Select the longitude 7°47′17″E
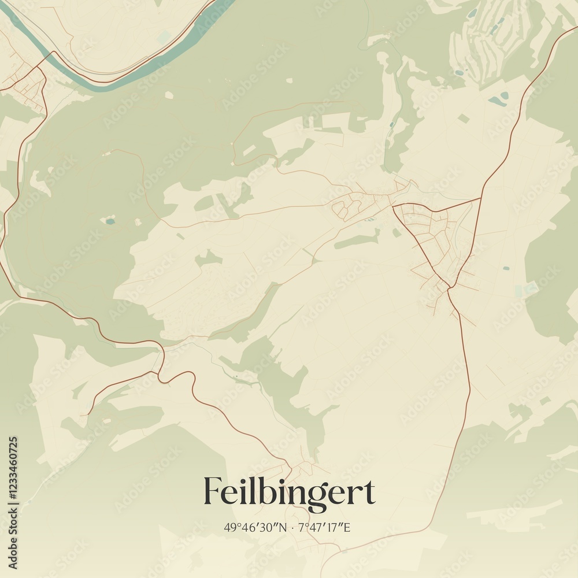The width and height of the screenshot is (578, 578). pyautogui.click(x=325, y=527)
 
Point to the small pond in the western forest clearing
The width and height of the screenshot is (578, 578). pyautogui.click(x=109, y=220)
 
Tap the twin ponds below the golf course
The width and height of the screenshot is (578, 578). pyautogui.click(x=498, y=99)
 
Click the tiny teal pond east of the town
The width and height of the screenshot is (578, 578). pyautogui.click(x=506, y=268)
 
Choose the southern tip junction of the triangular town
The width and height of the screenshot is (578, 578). pyautogui.click(x=449, y=288)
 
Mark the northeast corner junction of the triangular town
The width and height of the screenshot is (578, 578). pyautogui.click(x=480, y=198)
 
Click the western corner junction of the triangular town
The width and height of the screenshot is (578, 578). pyautogui.click(x=393, y=205)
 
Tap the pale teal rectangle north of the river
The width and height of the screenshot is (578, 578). pyautogui.click(x=165, y=36)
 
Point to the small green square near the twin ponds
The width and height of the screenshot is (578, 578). pyautogui.click(x=464, y=118)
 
